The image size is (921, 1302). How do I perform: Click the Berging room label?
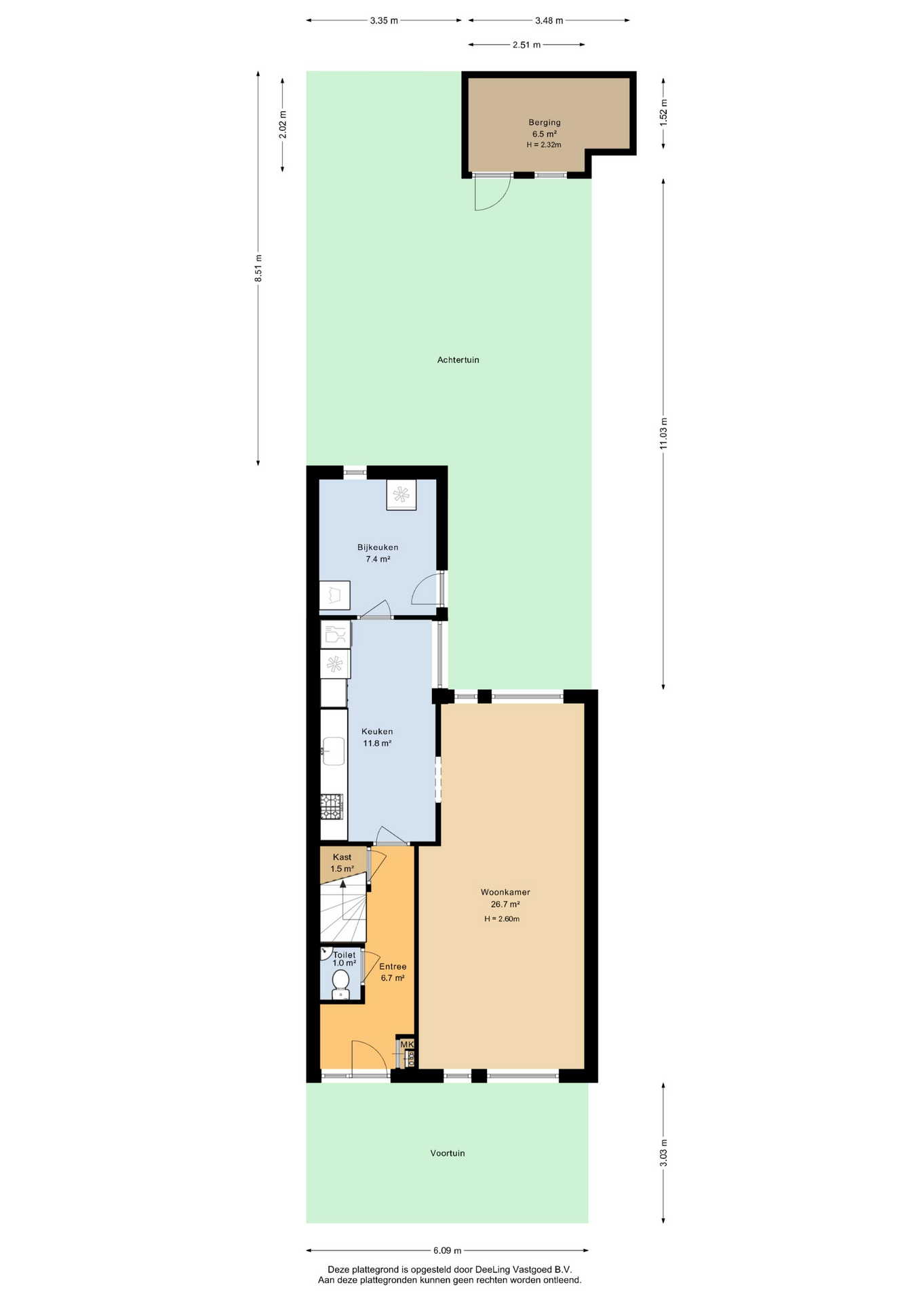coord(545,123)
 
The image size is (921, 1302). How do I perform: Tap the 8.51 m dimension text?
coord(258,269)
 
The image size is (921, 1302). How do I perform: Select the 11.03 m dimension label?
coord(663,433)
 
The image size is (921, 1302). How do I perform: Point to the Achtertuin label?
coord(458,360)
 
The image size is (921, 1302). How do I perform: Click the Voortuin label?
coord(448,1153)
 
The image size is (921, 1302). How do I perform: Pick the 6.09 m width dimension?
coord(448,1250)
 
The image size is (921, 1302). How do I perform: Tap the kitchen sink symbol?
coord(333,751)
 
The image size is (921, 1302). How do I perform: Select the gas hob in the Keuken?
coord(332,807)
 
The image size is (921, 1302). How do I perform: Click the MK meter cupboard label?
coord(407,1044)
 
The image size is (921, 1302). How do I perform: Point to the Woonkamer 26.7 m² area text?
coord(505,904)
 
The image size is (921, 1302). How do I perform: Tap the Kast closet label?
coord(342,857)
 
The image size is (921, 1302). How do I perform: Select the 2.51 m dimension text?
coord(526,45)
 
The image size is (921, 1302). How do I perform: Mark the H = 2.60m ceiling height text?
coord(502,919)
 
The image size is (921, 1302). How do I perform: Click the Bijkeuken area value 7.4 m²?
coord(378,559)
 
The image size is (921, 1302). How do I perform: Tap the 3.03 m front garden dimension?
coord(663,1153)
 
